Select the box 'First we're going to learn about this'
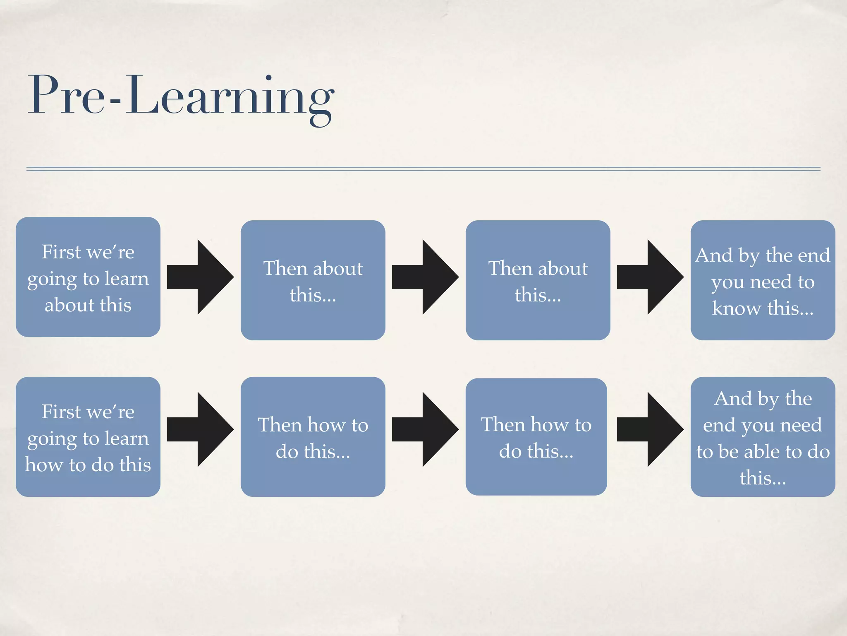[88, 277]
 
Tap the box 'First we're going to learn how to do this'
[88, 436]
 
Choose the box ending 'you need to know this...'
[763, 280]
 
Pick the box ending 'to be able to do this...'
[763, 436]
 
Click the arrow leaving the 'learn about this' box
[201, 277]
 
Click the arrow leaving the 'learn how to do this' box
[201, 429]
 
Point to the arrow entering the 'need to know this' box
[651, 277]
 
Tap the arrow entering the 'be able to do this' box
[651, 429]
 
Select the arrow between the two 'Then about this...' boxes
[426, 277]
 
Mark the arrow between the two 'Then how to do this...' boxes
[426, 429]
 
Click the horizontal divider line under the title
[423, 169]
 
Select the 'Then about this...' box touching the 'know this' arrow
[538, 280]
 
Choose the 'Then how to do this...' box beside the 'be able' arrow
[536, 436]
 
